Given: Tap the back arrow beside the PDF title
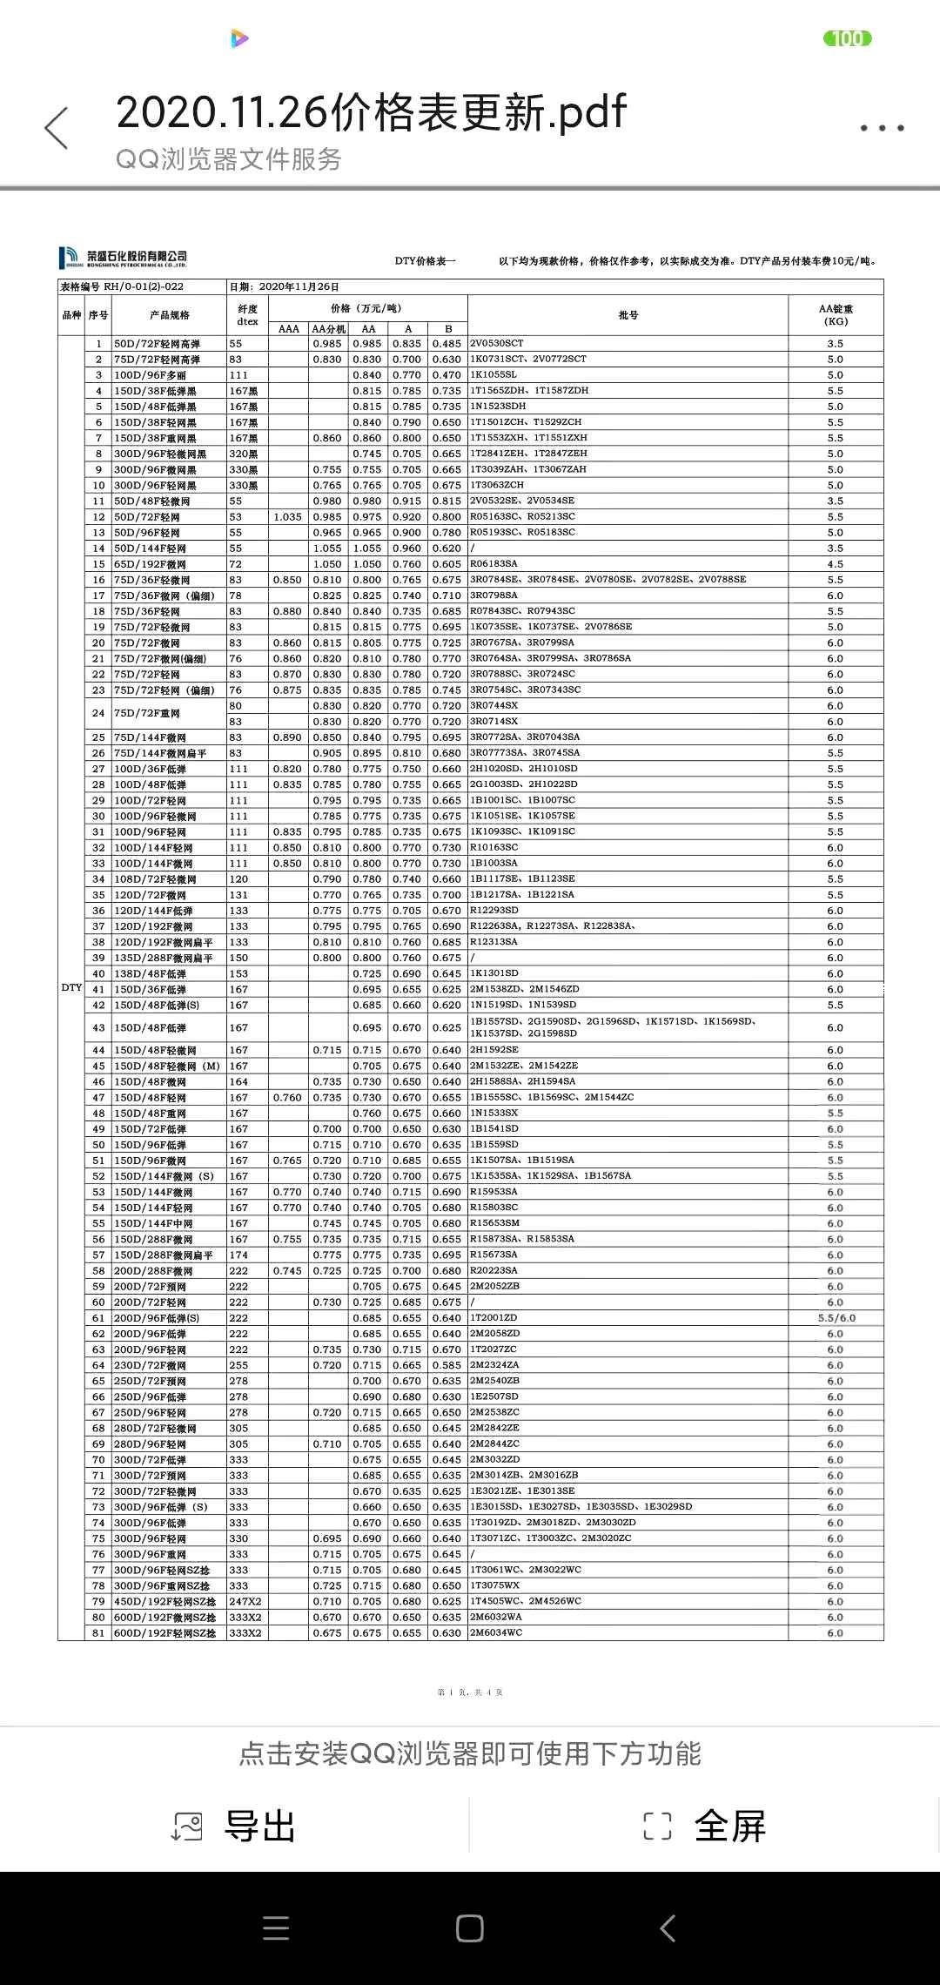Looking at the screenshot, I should click(x=57, y=128).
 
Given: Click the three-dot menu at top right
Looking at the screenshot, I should click(x=882, y=128).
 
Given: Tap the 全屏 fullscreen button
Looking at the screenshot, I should click(x=704, y=1826).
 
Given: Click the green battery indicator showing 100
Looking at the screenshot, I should click(x=847, y=38).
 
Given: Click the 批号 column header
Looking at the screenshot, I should click(x=628, y=315).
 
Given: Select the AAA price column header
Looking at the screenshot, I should click(x=288, y=329).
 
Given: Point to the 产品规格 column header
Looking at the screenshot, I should click(x=169, y=315).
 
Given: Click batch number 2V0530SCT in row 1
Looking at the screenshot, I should click(x=497, y=343).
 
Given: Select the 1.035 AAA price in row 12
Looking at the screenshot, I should click(x=288, y=516).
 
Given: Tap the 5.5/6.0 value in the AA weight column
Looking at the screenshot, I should click(x=836, y=1318).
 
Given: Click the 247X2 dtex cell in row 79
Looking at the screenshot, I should click(x=245, y=1601).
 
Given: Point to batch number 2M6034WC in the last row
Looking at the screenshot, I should click(x=496, y=1632).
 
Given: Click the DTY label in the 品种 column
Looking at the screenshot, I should click(x=71, y=988).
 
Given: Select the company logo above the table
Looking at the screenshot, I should click(x=123, y=258).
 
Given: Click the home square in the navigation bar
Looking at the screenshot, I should click(x=470, y=1928).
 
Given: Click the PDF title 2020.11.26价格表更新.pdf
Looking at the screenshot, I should click(x=371, y=111).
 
